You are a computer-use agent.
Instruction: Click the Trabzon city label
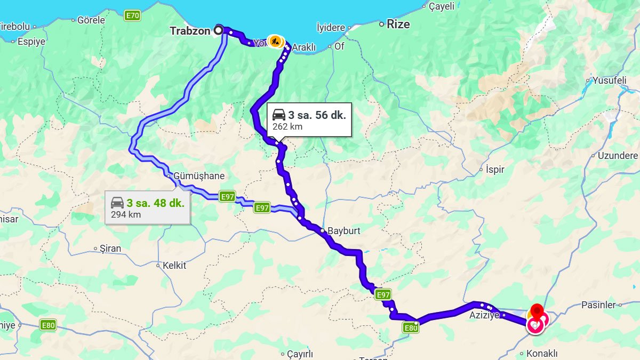coord(190,31)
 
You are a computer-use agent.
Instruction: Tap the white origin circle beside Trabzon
coord(218,30)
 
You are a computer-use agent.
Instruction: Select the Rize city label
coord(398,24)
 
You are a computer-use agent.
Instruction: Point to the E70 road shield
coord(132,16)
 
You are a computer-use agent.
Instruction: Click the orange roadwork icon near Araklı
coord(275,41)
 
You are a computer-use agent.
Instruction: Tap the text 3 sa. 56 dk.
coord(317,115)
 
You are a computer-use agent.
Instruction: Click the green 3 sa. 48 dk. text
coord(155,203)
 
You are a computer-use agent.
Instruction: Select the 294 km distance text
coord(126,214)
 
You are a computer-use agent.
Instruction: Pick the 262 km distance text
coord(287,126)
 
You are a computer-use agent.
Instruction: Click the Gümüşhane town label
coord(199,176)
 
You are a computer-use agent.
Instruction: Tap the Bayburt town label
coord(343,231)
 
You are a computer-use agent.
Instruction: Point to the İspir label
coord(495,170)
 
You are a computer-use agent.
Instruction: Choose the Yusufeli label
coord(609,81)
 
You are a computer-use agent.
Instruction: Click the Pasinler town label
coord(598,305)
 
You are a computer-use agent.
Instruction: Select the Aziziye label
coord(484,315)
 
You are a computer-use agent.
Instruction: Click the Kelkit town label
coord(174,265)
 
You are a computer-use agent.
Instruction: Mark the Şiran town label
coord(110,249)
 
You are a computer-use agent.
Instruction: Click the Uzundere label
coord(618,156)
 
